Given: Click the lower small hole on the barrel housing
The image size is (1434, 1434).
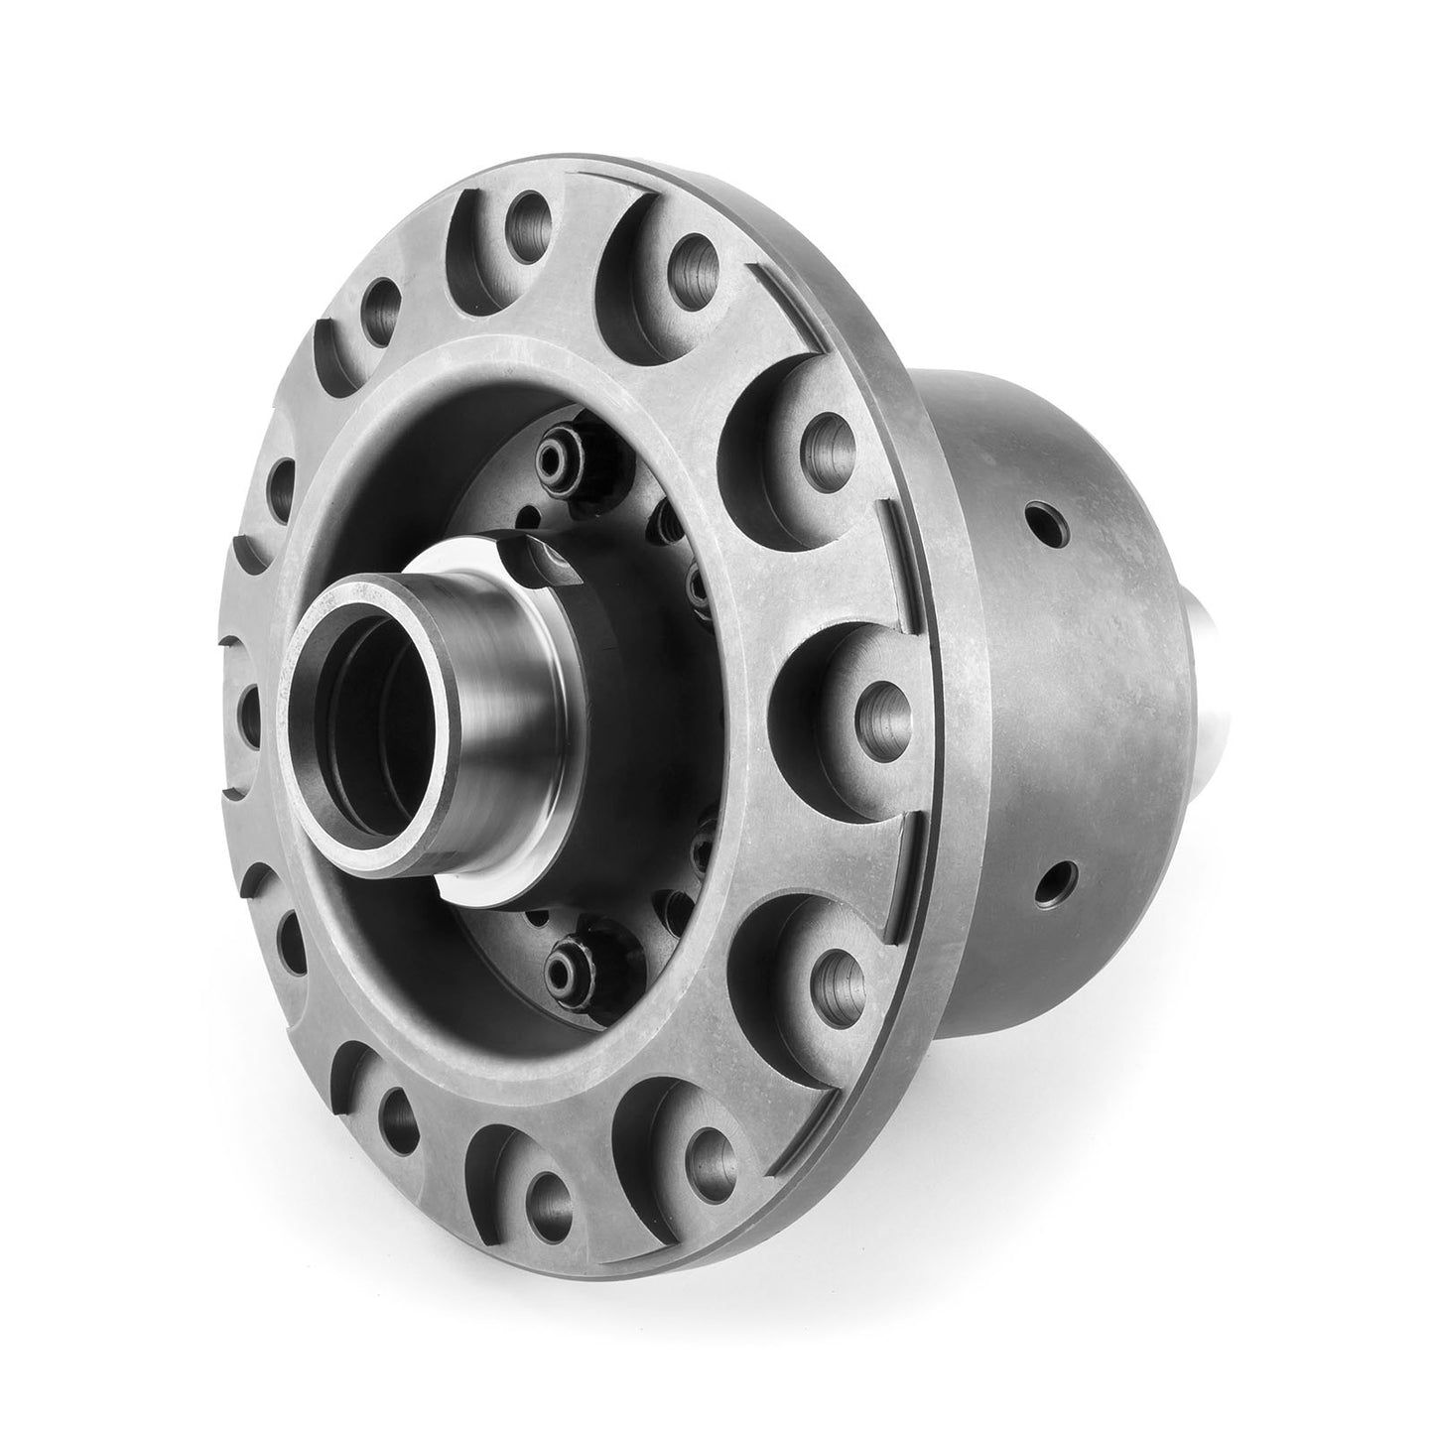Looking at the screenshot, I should (1061, 879).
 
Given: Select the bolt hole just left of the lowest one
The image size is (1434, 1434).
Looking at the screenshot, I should (392, 1110).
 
